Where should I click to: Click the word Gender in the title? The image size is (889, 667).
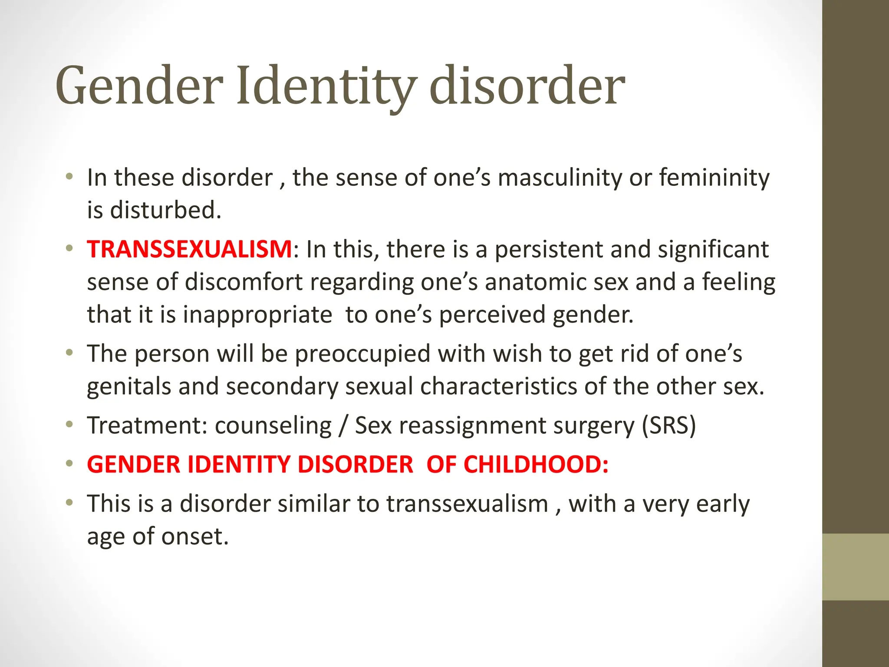[139, 86]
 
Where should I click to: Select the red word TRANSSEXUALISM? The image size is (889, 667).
[190, 249]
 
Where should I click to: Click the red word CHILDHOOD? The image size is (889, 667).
[536, 464]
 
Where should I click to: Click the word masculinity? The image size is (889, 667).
[560, 178]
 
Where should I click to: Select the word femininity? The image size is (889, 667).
[714, 178]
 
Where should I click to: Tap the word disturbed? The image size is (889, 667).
[165, 210]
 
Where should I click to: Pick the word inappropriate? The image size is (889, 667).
[257, 314]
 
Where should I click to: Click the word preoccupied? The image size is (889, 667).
[362, 353]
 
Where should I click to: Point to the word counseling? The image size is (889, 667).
[273, 425]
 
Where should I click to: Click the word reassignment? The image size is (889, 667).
[472, 425]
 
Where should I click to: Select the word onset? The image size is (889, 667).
[194, 536]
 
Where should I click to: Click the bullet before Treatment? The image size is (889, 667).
[69, 424]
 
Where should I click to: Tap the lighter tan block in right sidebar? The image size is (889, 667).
[855, 567]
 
